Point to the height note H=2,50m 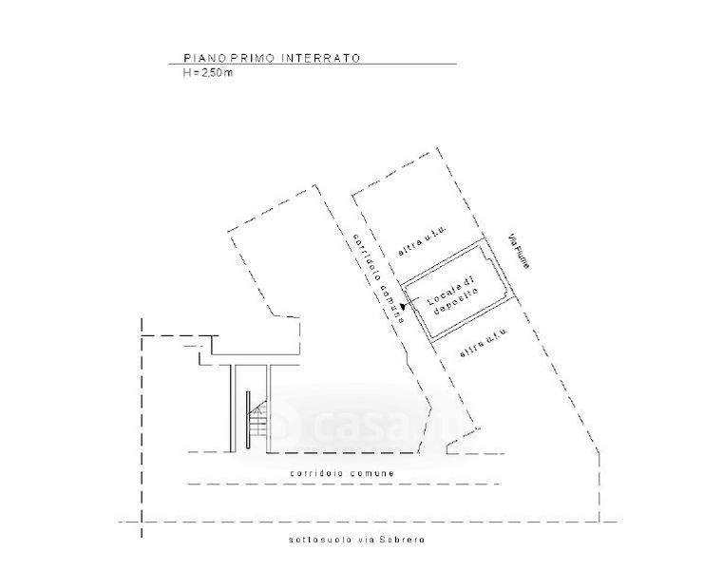(208, 72)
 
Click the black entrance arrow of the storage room (404, 306)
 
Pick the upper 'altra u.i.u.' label (424, 244)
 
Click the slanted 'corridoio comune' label (377, 278)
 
